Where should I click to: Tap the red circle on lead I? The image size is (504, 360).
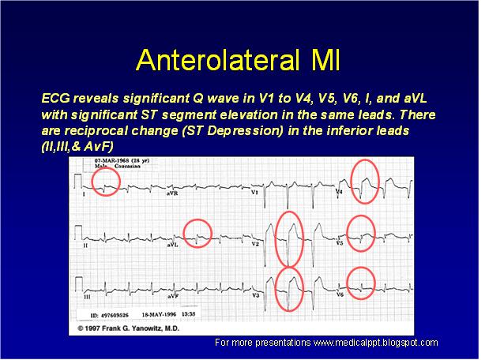point(105,182)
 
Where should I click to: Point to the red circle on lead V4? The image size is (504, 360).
point(365,180)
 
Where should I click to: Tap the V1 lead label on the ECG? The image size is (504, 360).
point(255,192)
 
